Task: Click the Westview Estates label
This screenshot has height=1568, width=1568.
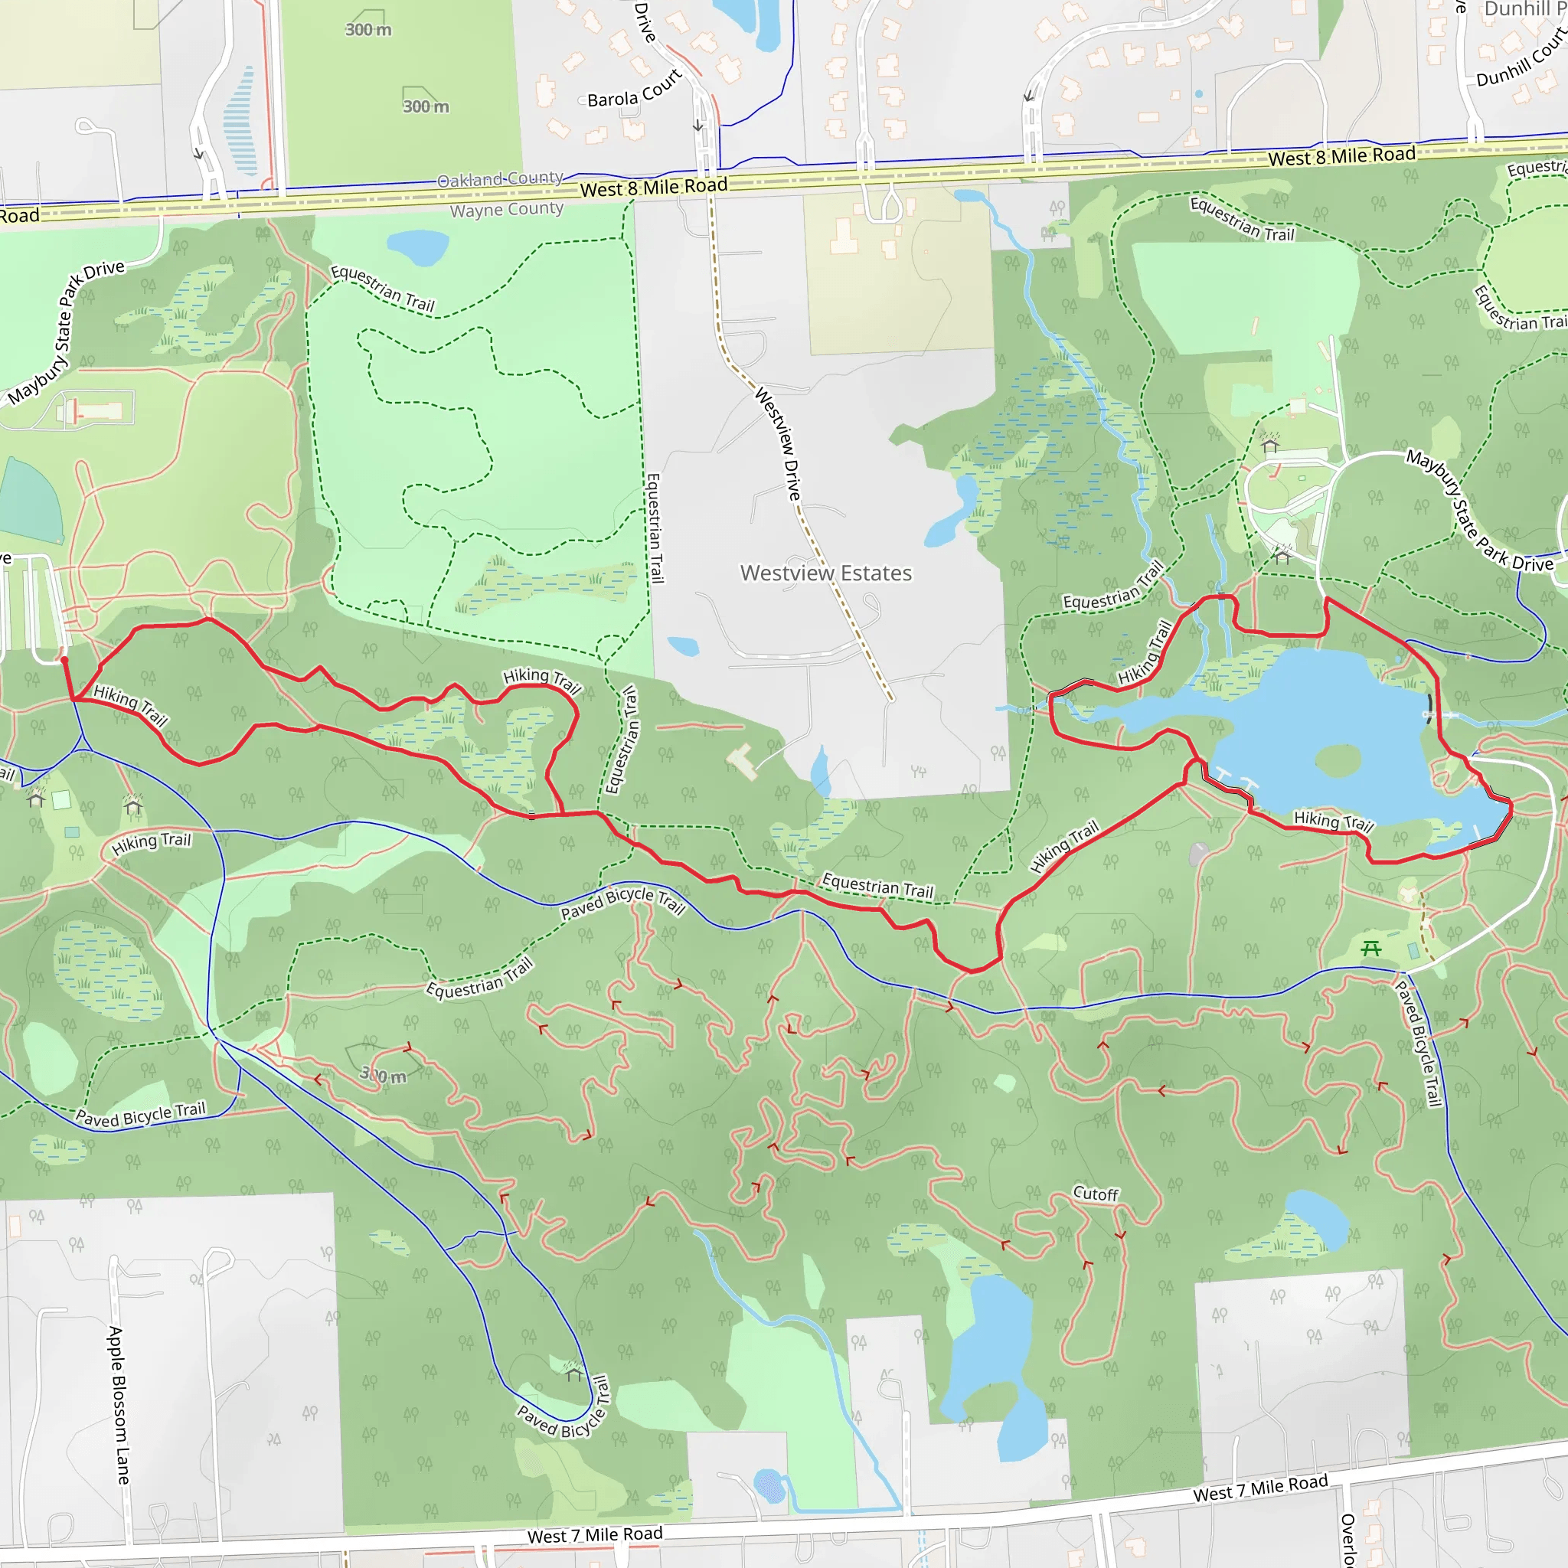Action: click(x=825, y=573)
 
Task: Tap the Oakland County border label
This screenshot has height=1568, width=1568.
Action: click(x=500, y=178)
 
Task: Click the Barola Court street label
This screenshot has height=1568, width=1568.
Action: click(x=634, y=90)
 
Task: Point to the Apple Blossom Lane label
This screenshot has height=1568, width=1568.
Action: click(x=119, y=1405)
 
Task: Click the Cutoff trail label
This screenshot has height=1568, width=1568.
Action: click(x=1095, y=1193)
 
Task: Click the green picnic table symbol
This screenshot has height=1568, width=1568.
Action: click(x=1370, y=947)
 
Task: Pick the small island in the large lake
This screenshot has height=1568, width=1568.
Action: click(x=1337, y=761)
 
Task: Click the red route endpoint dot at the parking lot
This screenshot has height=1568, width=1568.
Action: click(x=64, y=661)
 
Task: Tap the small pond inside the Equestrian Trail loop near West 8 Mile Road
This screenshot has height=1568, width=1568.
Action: click(x=417, y=247)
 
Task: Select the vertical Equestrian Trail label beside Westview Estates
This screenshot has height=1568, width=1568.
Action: click(x=654, y=528)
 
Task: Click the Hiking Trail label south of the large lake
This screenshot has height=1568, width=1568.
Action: click(x=1333, y=822)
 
